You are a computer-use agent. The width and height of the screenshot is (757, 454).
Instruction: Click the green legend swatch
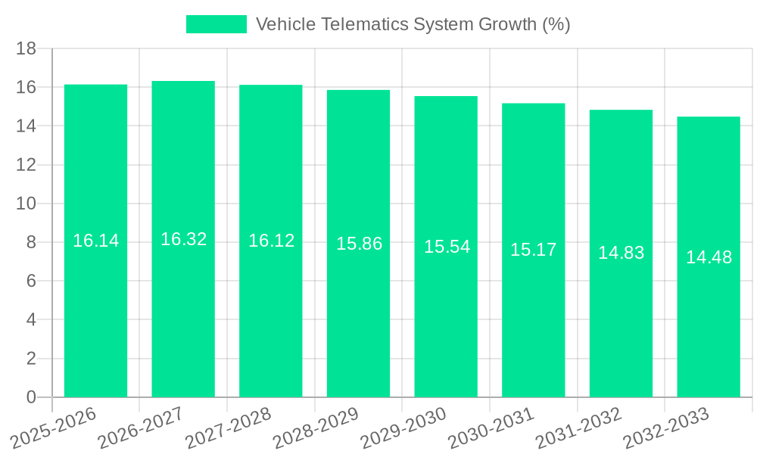[217, 24]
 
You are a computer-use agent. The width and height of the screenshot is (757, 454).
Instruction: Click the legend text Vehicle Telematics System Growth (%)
[413, 24]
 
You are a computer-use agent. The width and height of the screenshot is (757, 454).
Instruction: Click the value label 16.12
[271, 241]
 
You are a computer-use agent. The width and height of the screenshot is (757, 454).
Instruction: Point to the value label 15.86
[359, 244]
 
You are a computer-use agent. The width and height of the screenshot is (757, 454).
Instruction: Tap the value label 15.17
[533, 250]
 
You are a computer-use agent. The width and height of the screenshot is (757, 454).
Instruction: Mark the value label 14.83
[621, 253]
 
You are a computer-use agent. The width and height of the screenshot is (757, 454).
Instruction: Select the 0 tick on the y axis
[31, 397]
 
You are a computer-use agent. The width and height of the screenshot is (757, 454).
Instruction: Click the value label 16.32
[183, 239]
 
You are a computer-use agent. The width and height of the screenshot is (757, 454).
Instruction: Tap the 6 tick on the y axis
[31, 281]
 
